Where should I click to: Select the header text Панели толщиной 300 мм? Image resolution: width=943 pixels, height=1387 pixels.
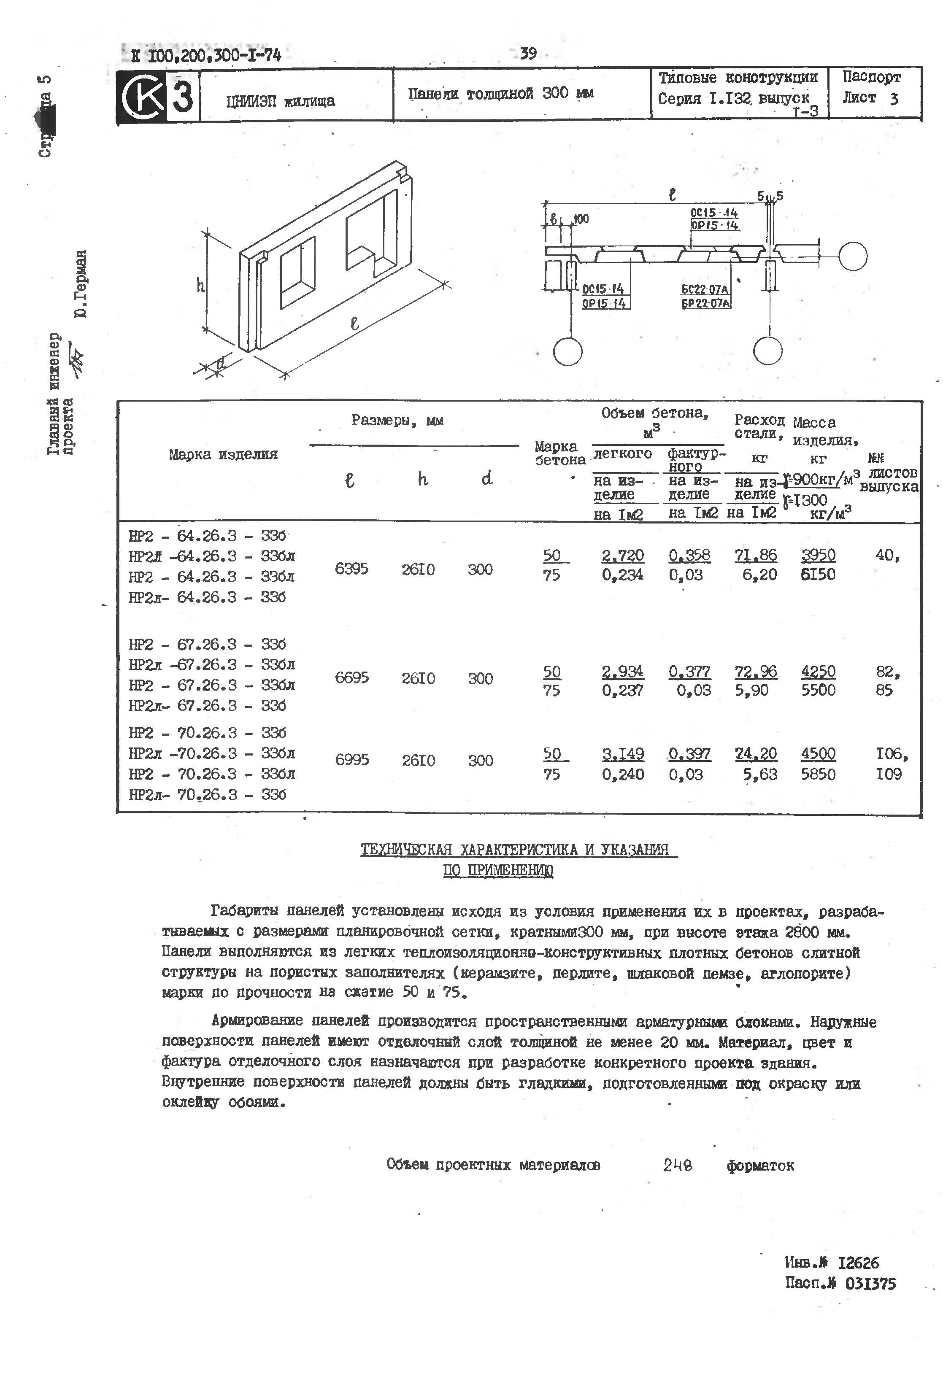[x=500, y=94]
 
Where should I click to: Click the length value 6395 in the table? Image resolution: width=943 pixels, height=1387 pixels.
[x=351, y=569]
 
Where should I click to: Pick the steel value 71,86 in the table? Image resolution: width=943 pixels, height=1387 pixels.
[x=756, y=555]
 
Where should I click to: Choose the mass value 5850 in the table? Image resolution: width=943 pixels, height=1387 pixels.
[x=818, y=774]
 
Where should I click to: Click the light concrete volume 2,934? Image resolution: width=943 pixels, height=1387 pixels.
[x=622, y=672]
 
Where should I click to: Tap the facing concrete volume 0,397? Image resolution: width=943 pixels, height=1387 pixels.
[x=689, y=754]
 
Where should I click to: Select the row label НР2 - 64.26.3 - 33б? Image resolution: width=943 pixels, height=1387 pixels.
[x=207, y=535]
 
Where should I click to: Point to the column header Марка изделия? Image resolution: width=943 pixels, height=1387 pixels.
[x=223, y=454]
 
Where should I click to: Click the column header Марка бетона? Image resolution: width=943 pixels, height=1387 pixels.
[x=559, y=453]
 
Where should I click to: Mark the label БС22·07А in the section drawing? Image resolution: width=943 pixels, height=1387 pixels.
[x=705, y=289]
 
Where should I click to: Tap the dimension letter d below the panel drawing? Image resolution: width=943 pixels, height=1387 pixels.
[x=220, y=362]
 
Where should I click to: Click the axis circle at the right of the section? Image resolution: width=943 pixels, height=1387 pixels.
[x=852, y=256]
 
